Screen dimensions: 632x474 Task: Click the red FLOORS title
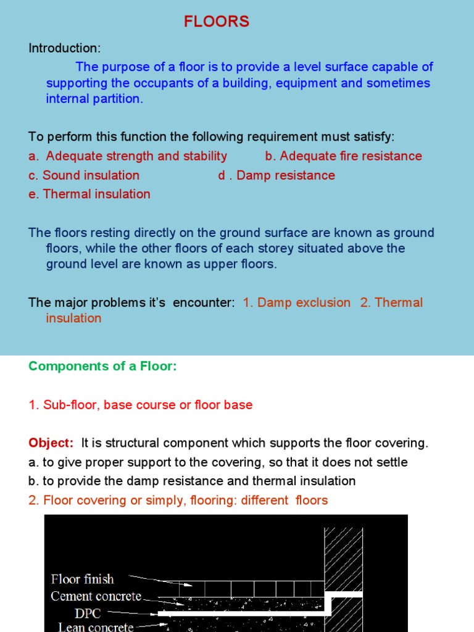tap(216, 22)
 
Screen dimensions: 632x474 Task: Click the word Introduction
tap(64, 48)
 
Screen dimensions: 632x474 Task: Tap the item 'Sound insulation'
tap(91, 175)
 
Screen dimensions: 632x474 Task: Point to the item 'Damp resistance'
tap(286, 175)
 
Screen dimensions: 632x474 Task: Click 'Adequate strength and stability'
tap(136, 156)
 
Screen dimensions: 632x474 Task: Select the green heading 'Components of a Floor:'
tap(102, 367)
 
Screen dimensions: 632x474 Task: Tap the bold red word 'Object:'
tap(51, 443)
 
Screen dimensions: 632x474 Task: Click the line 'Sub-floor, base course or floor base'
tap(148, 405)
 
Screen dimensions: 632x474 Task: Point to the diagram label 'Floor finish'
tap(82, 580)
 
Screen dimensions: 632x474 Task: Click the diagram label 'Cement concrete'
tap(96, 596)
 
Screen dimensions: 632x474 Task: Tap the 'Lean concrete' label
tap(96, 626)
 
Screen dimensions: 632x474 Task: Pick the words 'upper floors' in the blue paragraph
tap(245, 264)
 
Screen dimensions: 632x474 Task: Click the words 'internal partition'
tap(93, 99)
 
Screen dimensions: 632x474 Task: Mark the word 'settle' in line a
tap(390, 462)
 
